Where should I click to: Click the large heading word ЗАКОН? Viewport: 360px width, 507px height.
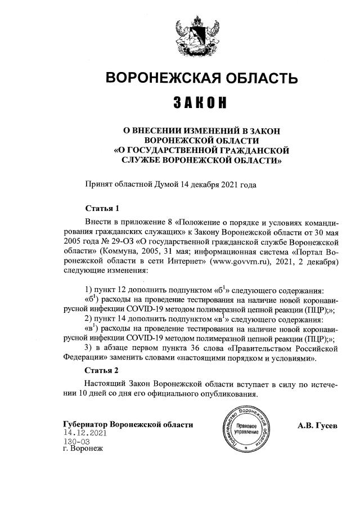(200, 104)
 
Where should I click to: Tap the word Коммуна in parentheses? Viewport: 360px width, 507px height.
(133, 252)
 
